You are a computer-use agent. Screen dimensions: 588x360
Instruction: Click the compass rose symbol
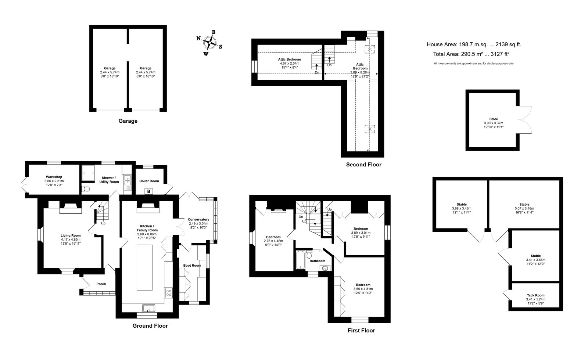[x=209, y=43]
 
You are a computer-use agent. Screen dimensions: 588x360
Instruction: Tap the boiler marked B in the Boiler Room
[x=148, y=191]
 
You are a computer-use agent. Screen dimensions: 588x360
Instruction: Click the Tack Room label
[x=535, y=295]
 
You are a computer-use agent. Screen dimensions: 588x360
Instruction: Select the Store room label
[x=494, y=119]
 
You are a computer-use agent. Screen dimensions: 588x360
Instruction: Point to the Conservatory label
[x=198, y=220]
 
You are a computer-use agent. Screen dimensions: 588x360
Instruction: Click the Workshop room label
[x=54, y=177]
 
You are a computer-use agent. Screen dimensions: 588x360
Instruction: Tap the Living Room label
[x=71, y=235]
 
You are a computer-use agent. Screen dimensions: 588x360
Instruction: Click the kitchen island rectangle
[x=145, y=267]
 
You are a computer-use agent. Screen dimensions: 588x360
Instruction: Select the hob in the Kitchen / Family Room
[x=168, y=293]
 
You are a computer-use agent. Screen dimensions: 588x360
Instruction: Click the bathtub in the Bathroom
[x=300, y=260]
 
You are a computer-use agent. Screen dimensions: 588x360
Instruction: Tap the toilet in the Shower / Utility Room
[x=86, y=189]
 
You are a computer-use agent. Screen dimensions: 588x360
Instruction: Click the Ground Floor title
[x=150, y=326]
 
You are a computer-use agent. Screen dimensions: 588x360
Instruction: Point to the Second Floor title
[x=363, y=165]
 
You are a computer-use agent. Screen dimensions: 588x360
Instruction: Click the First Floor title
[x=361, y=331]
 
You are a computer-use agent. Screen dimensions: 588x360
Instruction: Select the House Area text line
[x=474, y=44]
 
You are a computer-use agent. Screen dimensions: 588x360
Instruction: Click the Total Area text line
[x=471, y=54]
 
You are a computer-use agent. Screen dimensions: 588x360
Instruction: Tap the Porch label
[x=101, y=284]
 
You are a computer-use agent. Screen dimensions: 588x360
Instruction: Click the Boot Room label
[x=192, y=266]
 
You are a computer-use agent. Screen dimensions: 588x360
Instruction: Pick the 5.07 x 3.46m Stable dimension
[x=524, y=209]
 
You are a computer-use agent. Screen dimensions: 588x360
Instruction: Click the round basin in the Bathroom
[x=325, y=268]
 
